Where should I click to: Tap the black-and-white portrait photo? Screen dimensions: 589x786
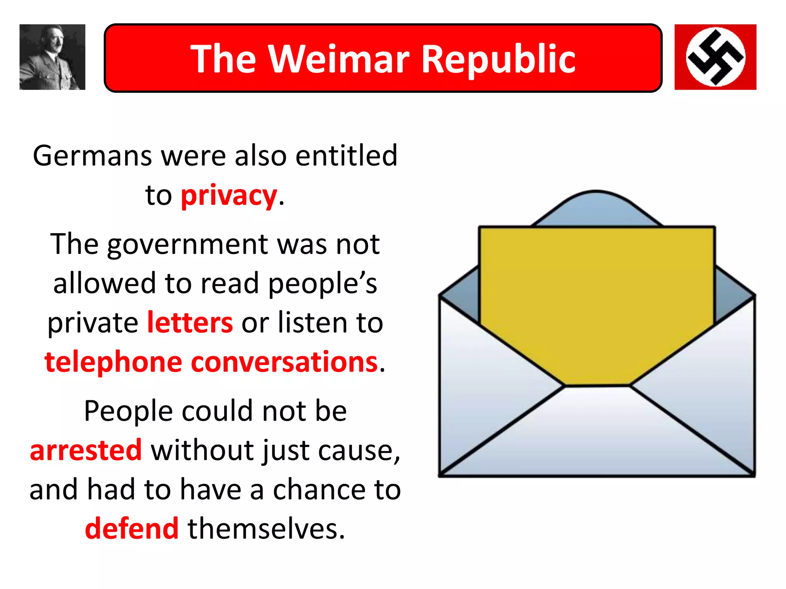coord(52,57)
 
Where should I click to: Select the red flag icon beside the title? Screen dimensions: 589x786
coord(715,57)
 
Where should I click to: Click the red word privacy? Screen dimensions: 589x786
coord(229,196)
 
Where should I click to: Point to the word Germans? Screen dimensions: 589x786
coord(92,156)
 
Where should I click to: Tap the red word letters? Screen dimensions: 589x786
coord(190,322)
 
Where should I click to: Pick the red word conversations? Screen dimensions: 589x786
coord(284,362)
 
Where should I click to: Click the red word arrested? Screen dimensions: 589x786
coord(86,450)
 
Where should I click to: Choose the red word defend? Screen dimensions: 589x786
coord(132,528)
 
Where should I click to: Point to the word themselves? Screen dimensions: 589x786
coord(266,528)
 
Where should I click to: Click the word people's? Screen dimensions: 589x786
coord(322,284)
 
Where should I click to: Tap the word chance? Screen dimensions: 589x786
coord(320,490)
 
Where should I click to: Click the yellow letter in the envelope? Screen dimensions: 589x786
coord(597,299)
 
